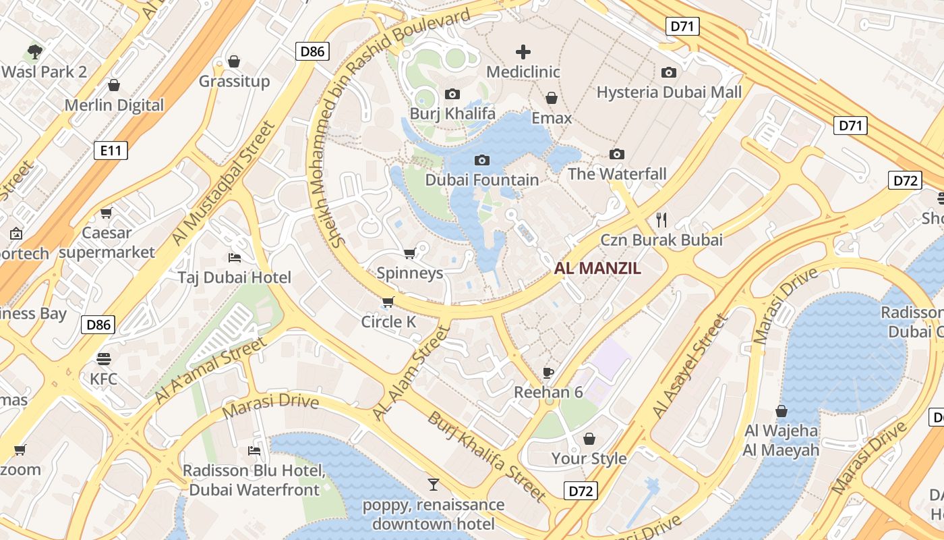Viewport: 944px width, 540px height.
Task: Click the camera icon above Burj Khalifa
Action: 452,94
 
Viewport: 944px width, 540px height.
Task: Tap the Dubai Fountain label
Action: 481,180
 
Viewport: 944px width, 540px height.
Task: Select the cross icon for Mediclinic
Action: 523,52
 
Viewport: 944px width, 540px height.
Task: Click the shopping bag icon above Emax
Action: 552,99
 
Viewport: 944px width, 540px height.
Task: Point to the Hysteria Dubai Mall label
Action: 669,92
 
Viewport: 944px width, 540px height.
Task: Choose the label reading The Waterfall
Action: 617,174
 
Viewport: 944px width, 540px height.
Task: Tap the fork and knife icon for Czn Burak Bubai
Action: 661,219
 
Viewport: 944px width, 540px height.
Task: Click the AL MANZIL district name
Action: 597,269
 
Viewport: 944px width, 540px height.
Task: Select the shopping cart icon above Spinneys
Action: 409,254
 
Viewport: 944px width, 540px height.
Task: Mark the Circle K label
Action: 388,322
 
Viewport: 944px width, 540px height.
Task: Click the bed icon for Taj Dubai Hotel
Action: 235,258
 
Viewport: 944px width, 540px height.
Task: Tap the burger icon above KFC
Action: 103,358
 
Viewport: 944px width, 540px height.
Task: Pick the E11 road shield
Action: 111,150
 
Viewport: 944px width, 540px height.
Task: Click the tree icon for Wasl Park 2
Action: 34,51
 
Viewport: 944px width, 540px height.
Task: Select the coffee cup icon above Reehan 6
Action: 548,373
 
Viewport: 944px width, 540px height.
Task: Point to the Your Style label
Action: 589,459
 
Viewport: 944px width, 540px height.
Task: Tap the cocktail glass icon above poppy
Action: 433,485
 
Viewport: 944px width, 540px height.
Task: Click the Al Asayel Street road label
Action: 690,367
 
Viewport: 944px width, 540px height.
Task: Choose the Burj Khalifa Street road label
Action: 485,456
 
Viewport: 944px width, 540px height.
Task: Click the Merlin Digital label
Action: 114,105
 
